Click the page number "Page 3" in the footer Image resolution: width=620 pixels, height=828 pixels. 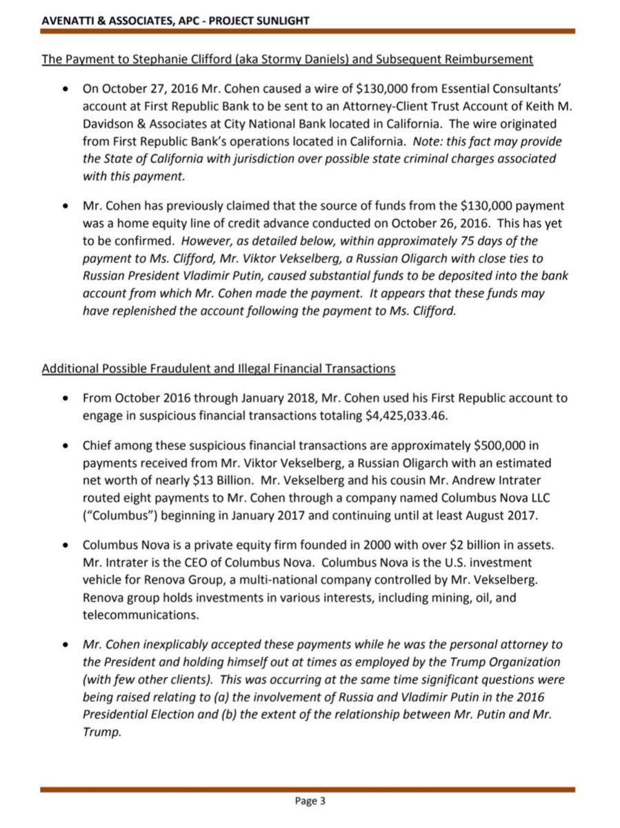point(310,801)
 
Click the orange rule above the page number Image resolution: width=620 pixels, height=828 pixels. point(310,787)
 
